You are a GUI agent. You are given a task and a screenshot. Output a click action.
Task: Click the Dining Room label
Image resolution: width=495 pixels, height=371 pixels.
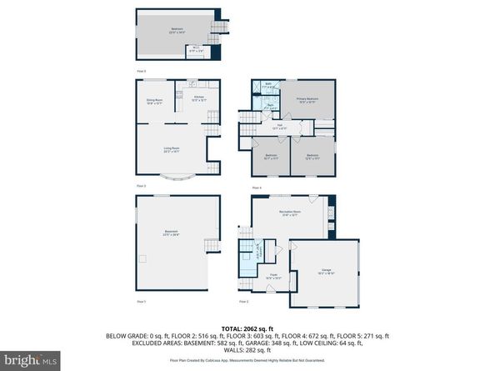pyautogui.click(x=152, y=102)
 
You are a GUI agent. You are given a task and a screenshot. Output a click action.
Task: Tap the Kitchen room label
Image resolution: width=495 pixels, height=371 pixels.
pyautogui.click(x=199, y=98)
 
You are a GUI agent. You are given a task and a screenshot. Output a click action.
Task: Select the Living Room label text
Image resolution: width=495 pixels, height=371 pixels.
pyautogui.click(x=171, y=149)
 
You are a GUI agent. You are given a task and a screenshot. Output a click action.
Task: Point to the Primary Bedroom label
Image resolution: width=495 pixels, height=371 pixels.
pyautogui.click(x=308, y=99)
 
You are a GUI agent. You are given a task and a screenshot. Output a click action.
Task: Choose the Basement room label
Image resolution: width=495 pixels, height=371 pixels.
pyautogui.click(x=170, y=233)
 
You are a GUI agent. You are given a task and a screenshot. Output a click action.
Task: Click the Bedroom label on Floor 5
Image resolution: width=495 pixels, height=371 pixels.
pyautogui.click(x=177, y=30)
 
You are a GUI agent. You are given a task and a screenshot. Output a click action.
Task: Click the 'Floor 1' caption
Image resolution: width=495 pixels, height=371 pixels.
pyautogui.click(x=141, y=300)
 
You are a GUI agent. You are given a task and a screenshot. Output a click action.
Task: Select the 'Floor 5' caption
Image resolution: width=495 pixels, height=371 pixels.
pyautogui.click(x=141, y=72)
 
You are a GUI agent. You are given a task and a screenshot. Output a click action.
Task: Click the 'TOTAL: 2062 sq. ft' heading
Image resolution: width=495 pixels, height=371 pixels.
pyautogui.click(x=247, y=328)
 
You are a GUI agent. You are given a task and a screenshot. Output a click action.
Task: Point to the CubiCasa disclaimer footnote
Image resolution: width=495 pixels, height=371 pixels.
pyautogui.click(x=247, y=360)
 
